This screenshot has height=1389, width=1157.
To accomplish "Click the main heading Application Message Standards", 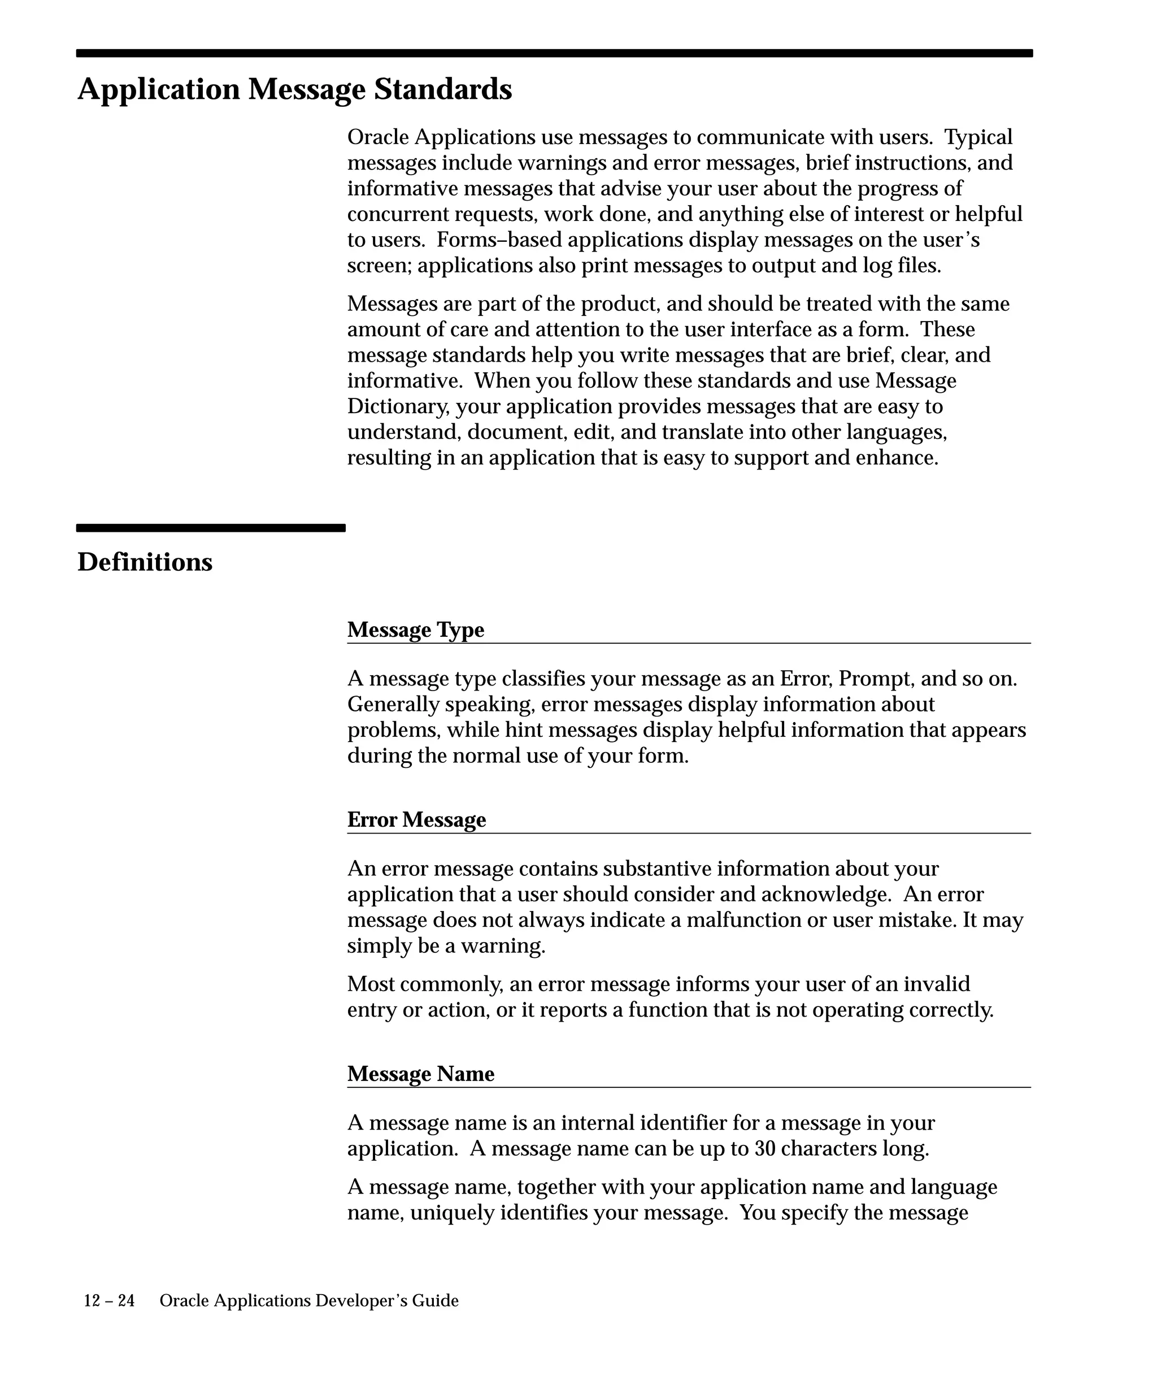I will point(294,89).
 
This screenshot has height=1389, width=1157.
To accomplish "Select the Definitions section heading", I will point(145,562).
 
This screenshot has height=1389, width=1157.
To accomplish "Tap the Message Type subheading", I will point(415,630).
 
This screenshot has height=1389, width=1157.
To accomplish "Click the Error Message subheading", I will point(416,819).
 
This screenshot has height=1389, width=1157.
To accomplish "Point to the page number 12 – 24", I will point(109,1301).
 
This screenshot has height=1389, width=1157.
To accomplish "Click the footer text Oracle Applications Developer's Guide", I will point(309,1301).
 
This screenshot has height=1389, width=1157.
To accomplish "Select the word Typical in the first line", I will point(978,137).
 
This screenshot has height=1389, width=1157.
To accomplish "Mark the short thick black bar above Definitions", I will point(211,528).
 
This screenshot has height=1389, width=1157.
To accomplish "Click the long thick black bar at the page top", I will point(554,53).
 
